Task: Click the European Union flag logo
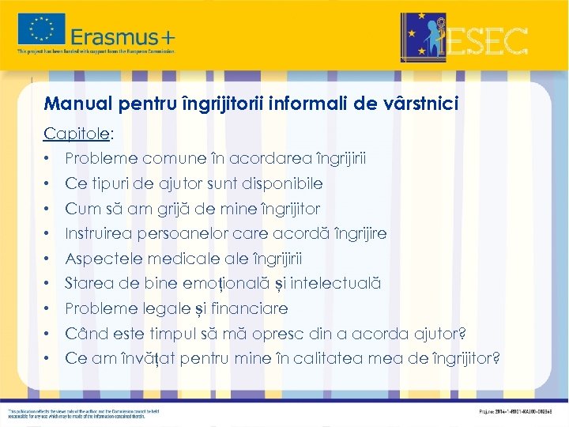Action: (42, 30)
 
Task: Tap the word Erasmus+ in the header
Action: (122, 36)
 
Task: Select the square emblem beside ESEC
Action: (423, 37)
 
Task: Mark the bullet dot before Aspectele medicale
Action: (48, 259)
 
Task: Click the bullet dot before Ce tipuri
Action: (48, 184)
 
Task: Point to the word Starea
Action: (89, 283)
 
